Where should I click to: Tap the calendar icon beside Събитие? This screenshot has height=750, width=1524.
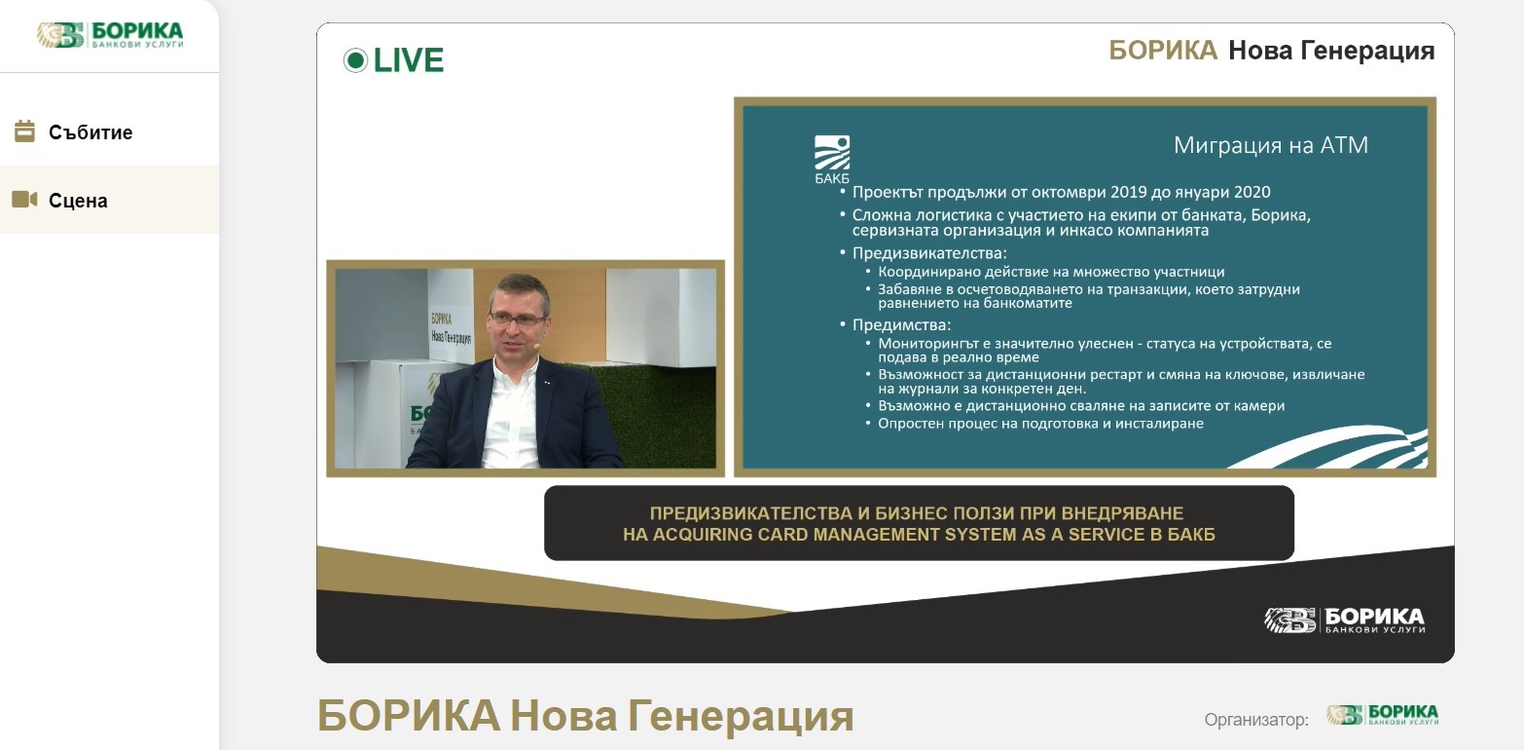point(24,131)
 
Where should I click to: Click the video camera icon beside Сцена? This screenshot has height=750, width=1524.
point(24,199)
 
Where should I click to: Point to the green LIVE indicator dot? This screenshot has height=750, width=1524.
point(355,60)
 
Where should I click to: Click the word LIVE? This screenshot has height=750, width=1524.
point(409,60)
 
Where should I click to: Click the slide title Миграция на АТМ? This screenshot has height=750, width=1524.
point(1271,145)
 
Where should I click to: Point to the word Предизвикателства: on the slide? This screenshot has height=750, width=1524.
point(929,253)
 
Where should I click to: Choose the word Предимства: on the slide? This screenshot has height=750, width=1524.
point(901,325)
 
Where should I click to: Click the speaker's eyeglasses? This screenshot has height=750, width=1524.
point(517,319)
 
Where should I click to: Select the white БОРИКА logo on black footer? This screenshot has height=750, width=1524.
point(1344,619)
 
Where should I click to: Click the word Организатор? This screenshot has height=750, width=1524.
point(1256,720)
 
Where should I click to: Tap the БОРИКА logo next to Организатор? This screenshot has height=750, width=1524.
point(1383,715)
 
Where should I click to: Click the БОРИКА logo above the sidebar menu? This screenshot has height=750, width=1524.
point(110,35)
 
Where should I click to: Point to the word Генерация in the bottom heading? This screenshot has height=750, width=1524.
point(741,716)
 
